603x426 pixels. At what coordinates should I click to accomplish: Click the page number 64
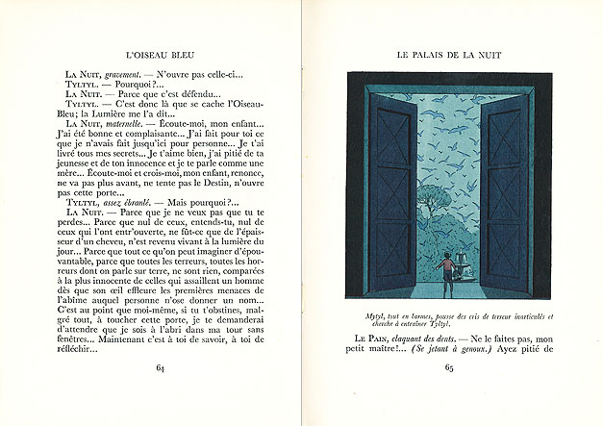(160, 366)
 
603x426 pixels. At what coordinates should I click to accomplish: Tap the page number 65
(448, 366)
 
